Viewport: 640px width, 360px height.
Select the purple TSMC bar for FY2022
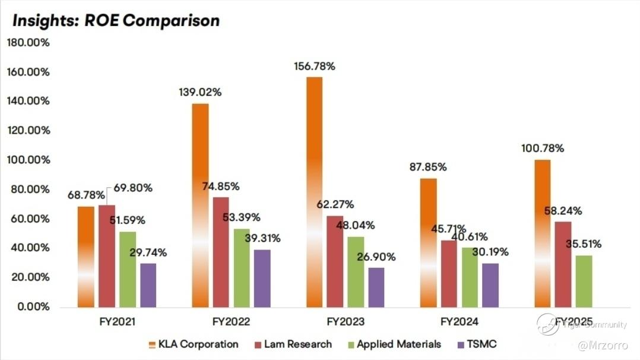(x=262, y=278)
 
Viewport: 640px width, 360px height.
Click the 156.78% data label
(x=315, y=67)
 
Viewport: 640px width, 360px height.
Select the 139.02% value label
(x=200, y=93)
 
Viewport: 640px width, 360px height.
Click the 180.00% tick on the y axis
(x=28, y=43)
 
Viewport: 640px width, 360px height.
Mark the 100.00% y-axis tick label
(x=28, y=160)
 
